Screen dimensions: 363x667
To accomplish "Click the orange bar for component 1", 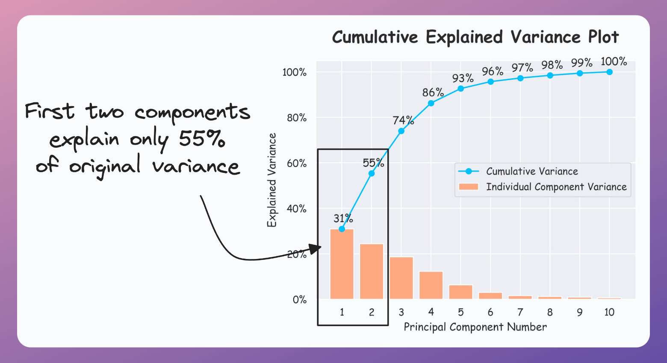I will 342,264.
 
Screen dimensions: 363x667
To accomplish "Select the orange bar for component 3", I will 401,278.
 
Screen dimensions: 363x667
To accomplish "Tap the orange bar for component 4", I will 431,285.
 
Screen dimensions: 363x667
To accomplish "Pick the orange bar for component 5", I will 460,292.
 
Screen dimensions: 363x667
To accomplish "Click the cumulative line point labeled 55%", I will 372,173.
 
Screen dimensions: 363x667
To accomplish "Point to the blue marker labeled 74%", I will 401,131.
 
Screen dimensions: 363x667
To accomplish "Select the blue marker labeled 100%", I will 609,72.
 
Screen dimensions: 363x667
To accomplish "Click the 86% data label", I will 433,92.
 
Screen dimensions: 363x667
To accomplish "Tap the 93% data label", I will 463,78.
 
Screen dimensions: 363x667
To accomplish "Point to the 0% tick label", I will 299,300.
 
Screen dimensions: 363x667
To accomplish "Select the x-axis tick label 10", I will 609,312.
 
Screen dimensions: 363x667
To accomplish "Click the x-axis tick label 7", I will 520,312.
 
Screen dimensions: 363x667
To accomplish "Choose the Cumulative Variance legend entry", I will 531,171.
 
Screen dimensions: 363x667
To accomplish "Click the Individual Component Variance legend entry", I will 556,187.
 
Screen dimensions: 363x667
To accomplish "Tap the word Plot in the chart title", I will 603,37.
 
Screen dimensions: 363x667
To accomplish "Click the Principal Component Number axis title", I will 475,327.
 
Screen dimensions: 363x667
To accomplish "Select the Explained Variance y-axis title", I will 272,180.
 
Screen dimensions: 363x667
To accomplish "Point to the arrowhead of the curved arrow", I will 316,249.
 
